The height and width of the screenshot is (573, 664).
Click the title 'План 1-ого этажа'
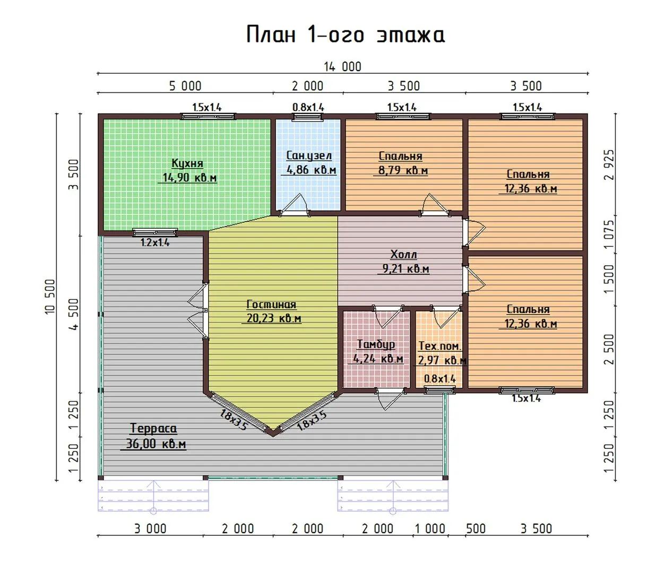tap(346, 34)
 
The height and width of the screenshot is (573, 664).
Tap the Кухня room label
tap(187, 163)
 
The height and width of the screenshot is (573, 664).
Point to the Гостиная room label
tap(271, 304)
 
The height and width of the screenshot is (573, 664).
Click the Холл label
tap(403, 254)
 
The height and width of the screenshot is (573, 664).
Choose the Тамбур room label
tap(376, 344)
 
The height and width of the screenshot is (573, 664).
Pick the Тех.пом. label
tap(440, 346)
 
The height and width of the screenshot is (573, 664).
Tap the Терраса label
tap(153, 429)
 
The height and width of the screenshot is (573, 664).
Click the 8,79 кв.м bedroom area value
tap(403, 170)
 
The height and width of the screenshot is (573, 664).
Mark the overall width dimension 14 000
tap(342, 67)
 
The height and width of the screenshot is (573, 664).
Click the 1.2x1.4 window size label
tap(155, 242)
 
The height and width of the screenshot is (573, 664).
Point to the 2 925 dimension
tap(609, 164)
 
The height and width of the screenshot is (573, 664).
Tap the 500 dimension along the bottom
tap(476, 528)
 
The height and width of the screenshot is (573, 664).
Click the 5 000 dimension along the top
tap(185, 86)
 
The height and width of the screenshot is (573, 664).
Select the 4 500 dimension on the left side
tap(74, 314)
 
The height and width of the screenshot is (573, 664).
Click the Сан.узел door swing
tap(294, 204)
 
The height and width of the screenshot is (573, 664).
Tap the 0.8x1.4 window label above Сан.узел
tap(308, 107)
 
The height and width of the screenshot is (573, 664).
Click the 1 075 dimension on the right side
tap(609, 235)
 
